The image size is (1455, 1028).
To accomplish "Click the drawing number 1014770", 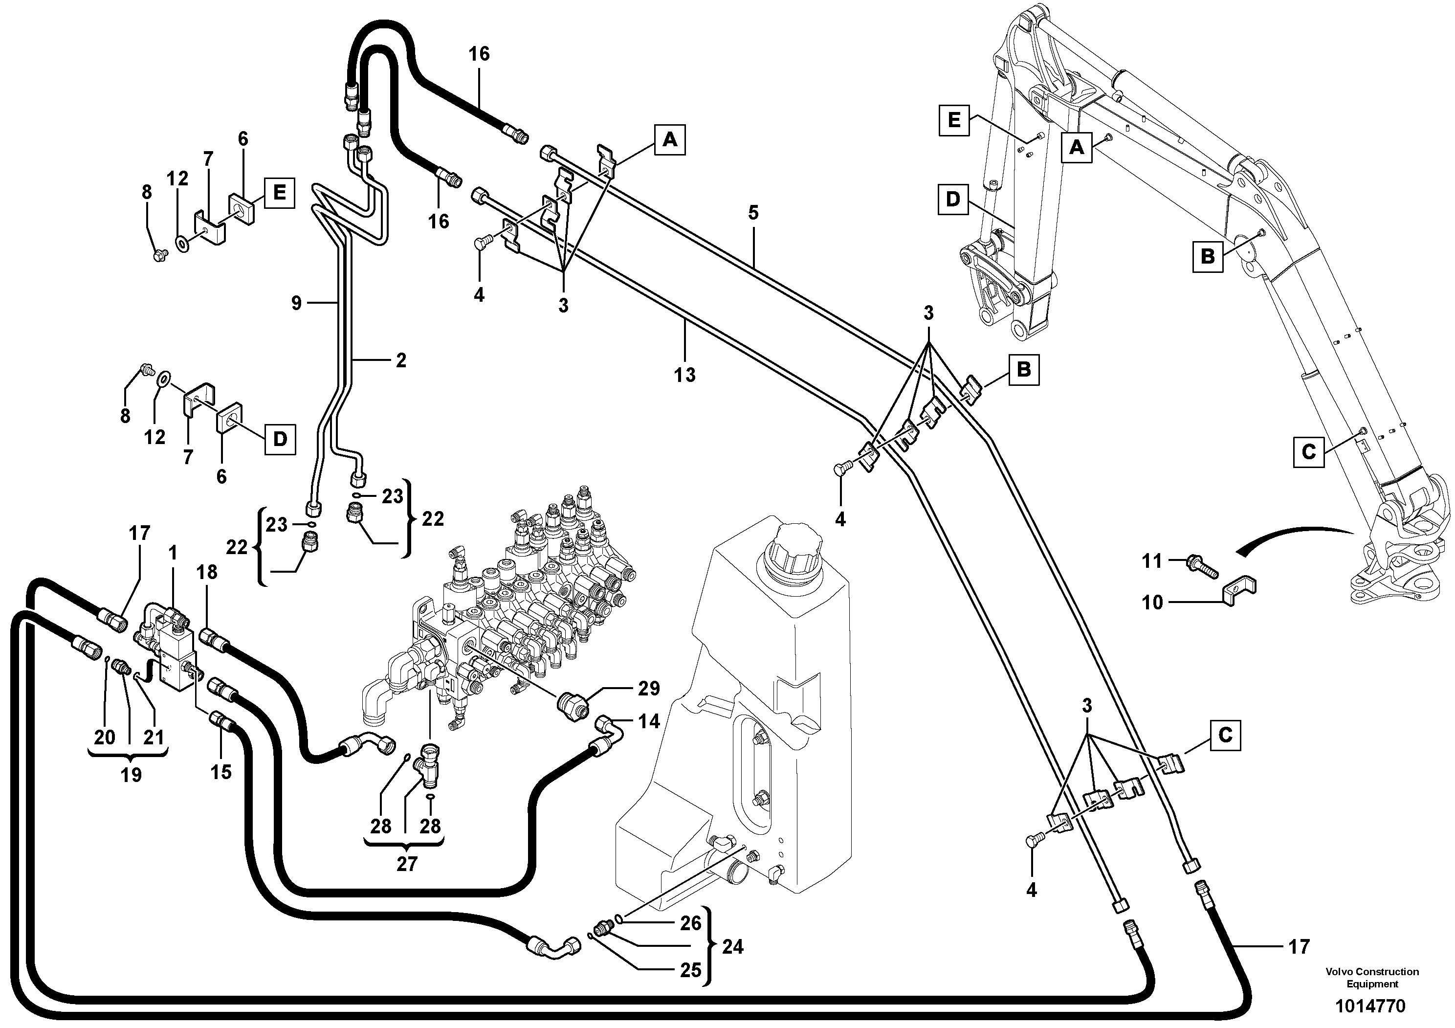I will click(x=1369, y=1006).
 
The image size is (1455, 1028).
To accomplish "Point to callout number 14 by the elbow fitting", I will click(x=649, y=721).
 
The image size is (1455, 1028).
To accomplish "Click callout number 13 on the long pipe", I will click(x=684, y=375).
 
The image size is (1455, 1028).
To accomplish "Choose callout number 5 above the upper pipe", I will click(x=753, y=213).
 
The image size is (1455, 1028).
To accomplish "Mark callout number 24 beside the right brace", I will click(x=732, y=947).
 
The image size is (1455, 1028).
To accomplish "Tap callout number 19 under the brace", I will click(x=131, y=775).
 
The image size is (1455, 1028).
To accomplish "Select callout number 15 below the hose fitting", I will click(x=221, y=772).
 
